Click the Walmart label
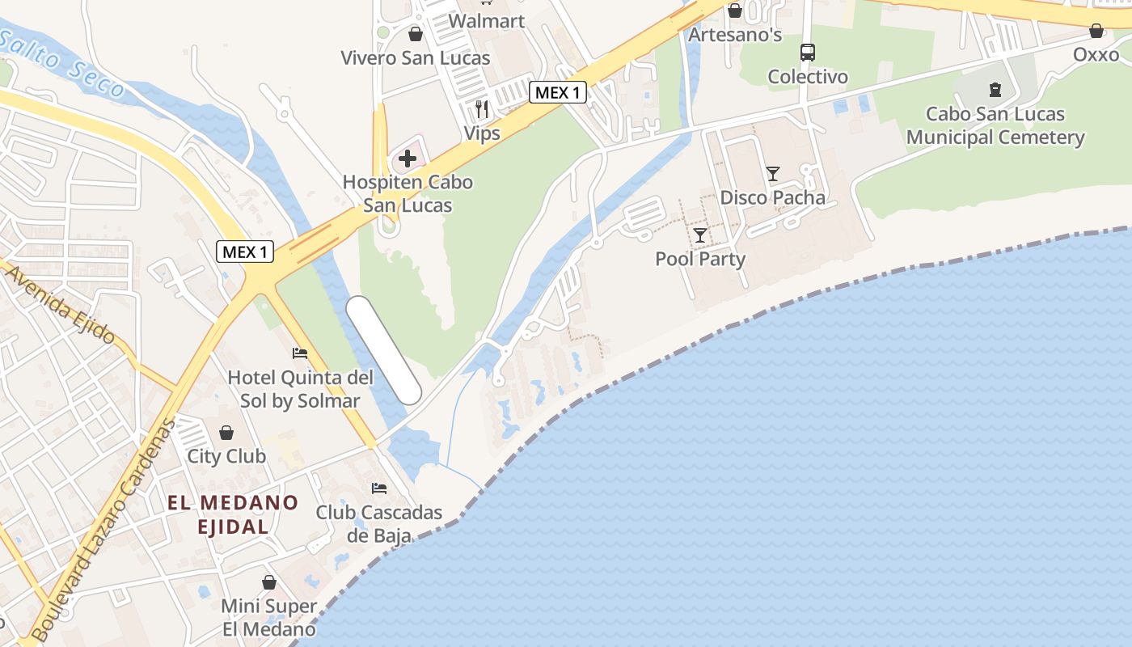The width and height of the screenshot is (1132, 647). click(x=486, y=20)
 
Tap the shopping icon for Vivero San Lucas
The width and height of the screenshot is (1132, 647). click(x=415, y=34)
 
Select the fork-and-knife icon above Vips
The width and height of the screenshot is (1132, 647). click(x=482, y=108)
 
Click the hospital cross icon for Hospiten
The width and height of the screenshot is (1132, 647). click(x=408, y=158)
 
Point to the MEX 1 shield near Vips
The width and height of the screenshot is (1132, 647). click(x=558, y=92)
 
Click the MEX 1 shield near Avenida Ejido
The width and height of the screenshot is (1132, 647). click(x=245, y=252)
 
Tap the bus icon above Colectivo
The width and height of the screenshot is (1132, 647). click(x=807, y=53)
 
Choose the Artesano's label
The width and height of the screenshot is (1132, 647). click(x=735, y=35)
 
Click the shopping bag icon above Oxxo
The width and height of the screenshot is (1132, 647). click(x=1096, y=32)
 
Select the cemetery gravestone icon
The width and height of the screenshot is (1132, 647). click(x=995, y=90)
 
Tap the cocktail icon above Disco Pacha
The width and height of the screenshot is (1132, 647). click(x=773, y=174)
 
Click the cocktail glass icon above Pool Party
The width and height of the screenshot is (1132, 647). click(x=700, y=235)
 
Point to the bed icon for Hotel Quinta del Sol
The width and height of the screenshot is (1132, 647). click(x=300, y=353)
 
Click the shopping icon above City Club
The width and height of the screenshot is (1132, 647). click(x=226, y=433)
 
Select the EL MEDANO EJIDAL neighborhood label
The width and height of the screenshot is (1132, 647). click(x=233, y=514)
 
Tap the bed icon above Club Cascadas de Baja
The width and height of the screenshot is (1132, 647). click(x=378, y=488)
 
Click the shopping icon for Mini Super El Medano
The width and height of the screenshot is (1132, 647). click(x=269, y=582)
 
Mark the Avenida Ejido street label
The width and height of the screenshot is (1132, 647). click(x=61, y=303)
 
